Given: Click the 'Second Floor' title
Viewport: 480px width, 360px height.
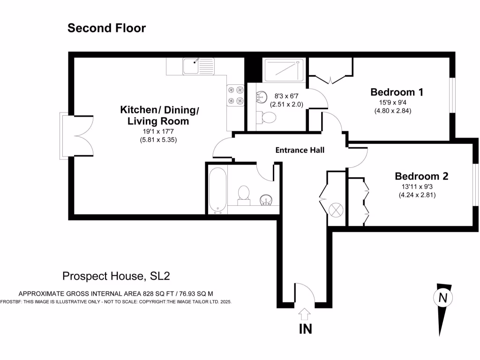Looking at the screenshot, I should pyautogui.click(x=106, y=28).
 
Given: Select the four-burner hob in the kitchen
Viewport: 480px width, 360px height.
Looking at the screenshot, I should pyautogui.click(x=235, y=95).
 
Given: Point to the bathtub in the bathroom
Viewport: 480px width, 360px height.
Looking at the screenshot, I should pyautogui.click(x=218, y=190).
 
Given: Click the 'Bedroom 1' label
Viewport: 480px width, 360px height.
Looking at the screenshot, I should pyautogui.click(x=397, y=92).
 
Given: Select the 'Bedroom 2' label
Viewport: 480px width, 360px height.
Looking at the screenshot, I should pyautogui.click(x=421, y=176).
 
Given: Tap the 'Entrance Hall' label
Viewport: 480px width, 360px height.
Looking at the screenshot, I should pyautogui.click(x=300, y=150).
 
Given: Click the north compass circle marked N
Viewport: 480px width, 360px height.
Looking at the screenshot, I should pyautogui.click(x=442, y=297).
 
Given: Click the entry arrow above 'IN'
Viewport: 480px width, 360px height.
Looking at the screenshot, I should pyautogui.click(x=305, y=313).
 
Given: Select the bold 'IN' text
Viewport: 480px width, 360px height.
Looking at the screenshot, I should pyautogui.click(x=305, y=329).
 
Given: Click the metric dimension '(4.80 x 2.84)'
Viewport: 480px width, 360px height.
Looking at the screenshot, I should pyautogui.click(x=393, y=111).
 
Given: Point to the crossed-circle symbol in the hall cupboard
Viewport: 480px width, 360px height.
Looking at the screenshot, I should pyautogui.click(x=337, y=210).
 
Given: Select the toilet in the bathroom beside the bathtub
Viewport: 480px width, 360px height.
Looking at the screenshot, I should pyautogui.click(x=243, y=195).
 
